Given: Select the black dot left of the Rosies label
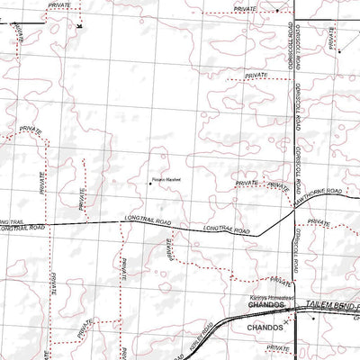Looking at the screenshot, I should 149,183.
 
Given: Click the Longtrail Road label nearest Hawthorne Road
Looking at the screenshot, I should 225,229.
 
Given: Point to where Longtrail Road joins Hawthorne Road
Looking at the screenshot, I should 258,236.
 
